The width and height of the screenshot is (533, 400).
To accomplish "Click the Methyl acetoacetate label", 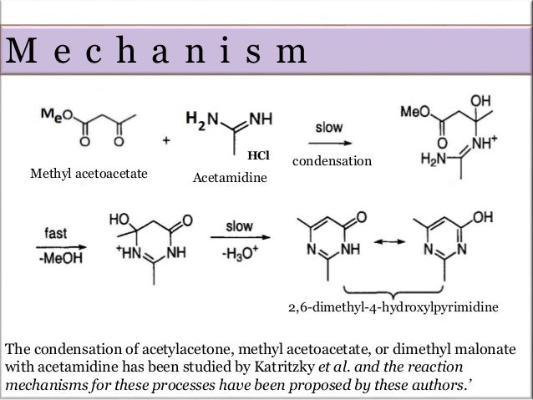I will (89, 174).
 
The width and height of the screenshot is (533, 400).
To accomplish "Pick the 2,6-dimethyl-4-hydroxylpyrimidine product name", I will (393, 308).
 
